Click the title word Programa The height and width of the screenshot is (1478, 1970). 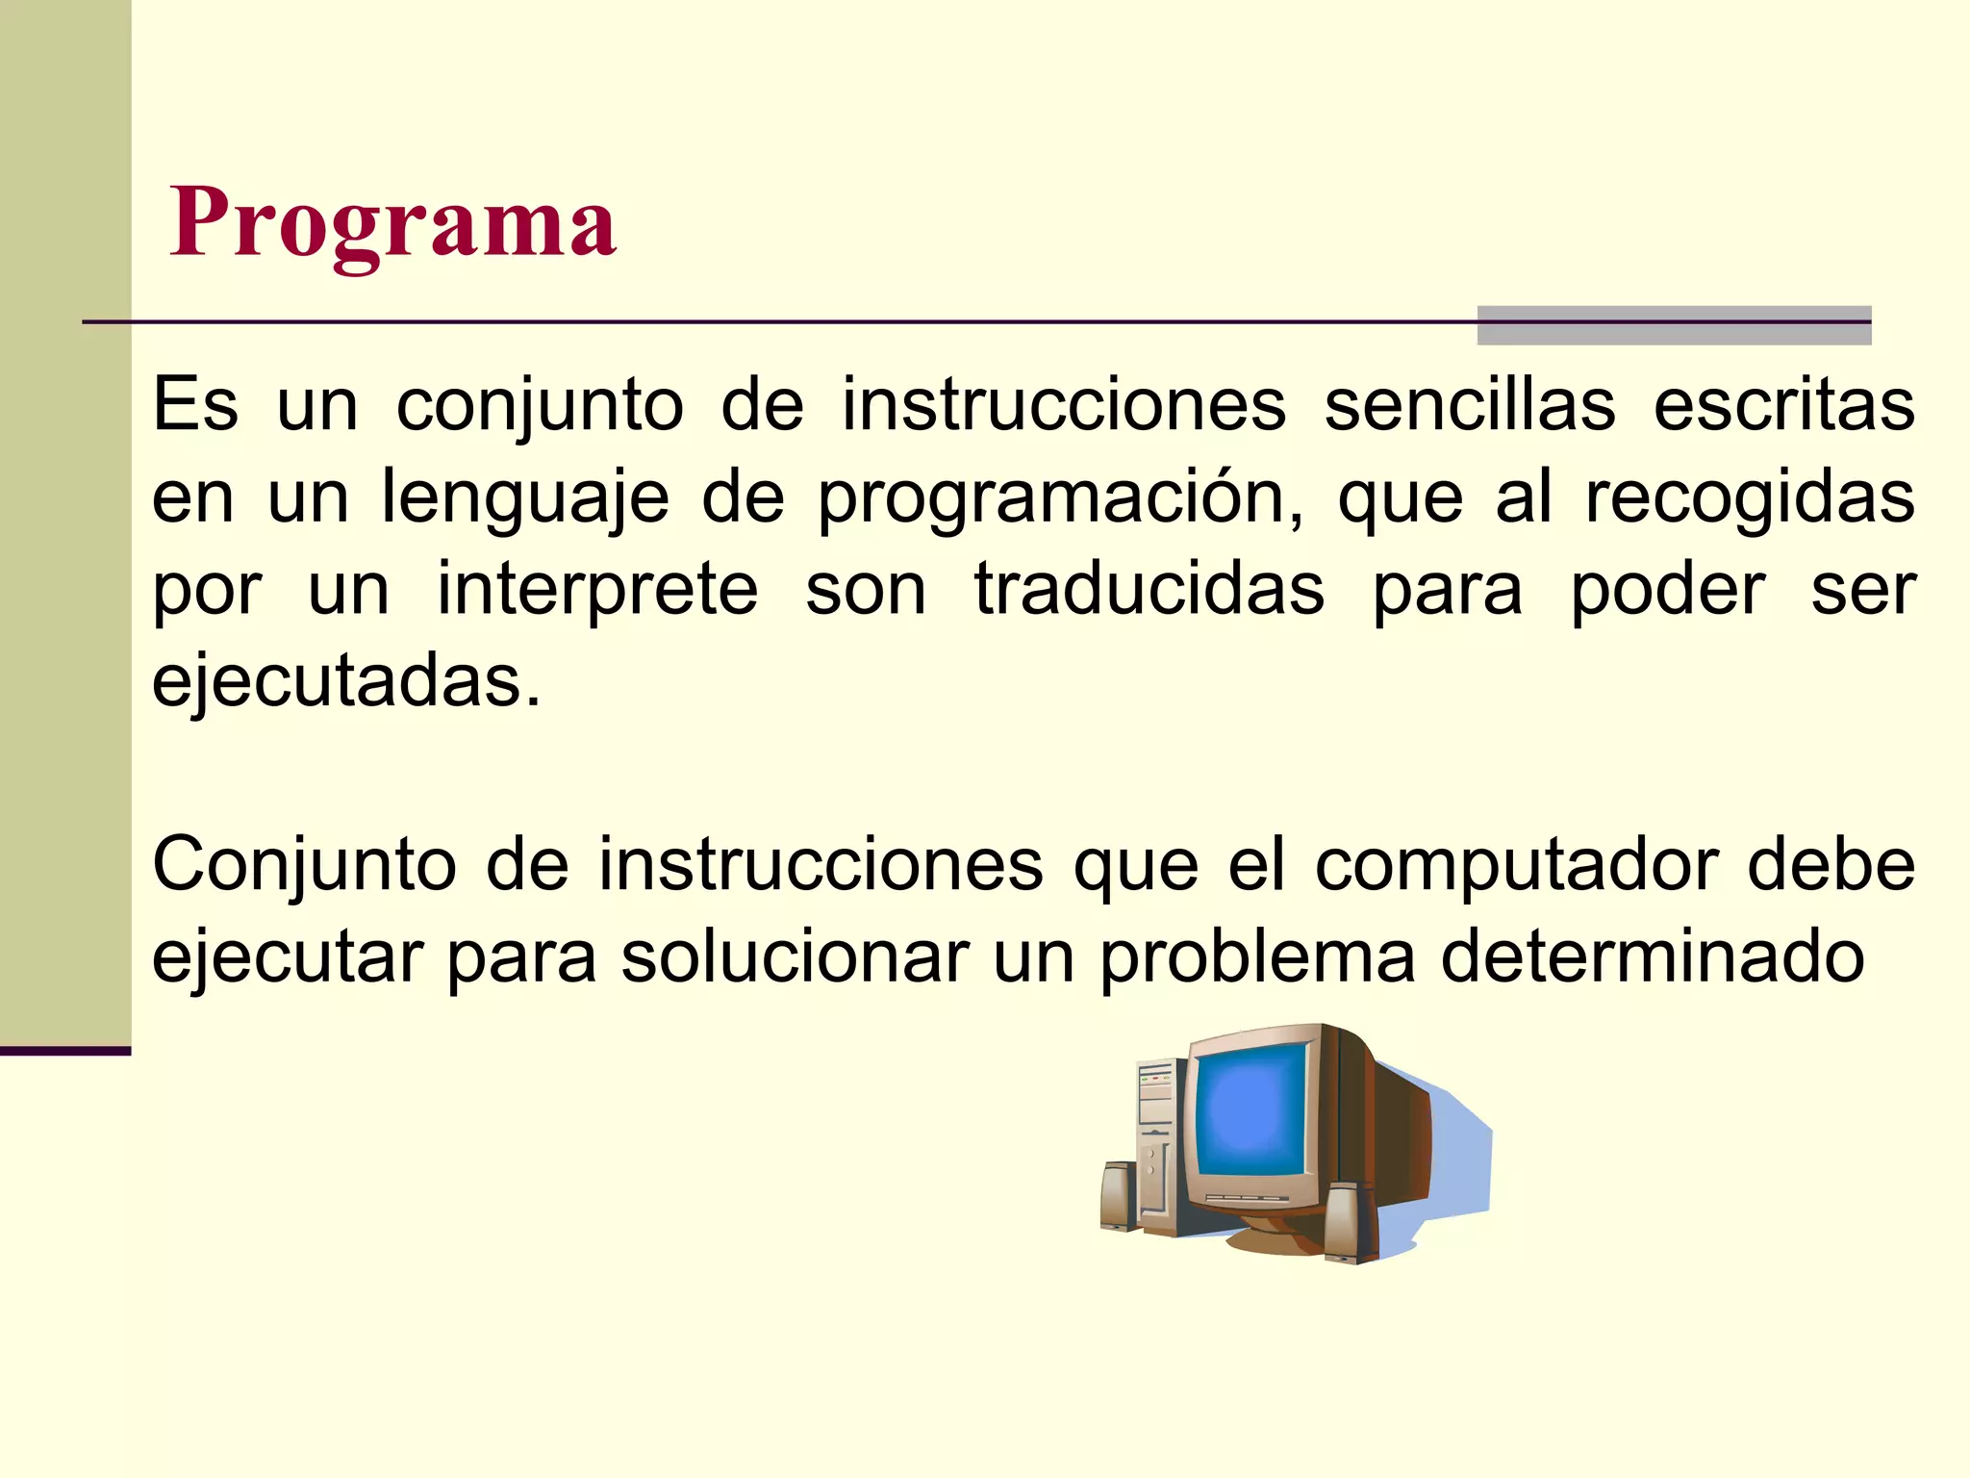392,223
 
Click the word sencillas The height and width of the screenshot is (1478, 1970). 1470,405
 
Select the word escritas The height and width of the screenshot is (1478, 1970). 1784,405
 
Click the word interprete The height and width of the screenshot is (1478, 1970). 597,589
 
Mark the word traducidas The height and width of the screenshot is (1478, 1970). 1149,589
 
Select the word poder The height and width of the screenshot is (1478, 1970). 1668,589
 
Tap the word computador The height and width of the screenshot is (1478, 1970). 1516,864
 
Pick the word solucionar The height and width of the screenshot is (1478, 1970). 795,956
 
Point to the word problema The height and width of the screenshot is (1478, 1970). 1258,956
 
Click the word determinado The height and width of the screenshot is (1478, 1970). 1653,956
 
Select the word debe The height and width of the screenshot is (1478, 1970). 1831,864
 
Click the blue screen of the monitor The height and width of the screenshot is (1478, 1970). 1250,1109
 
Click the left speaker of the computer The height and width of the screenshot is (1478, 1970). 1119,1196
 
